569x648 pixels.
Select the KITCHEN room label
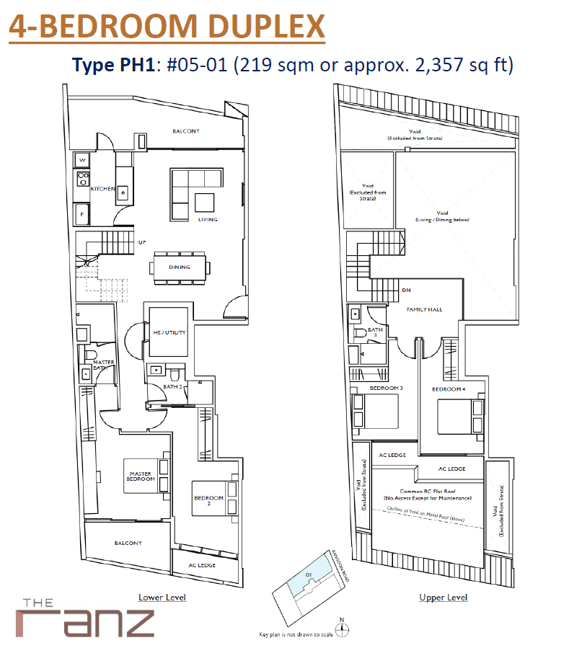[x=102, y=189]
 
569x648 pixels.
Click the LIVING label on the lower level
[x=208, y=219]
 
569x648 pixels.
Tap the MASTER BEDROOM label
[x=142, y=476]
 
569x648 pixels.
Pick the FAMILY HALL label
[x=424, y=309]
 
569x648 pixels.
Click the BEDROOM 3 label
[x=386, y=389]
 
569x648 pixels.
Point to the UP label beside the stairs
[x=142, y=242]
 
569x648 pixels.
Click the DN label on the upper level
[x=406, y=290]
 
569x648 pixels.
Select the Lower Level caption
[x=162, y=598]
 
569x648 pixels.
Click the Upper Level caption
[x=443, y=598]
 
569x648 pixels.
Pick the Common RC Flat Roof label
[x=428, y=494]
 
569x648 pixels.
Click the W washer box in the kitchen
[x=82, y=160]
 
